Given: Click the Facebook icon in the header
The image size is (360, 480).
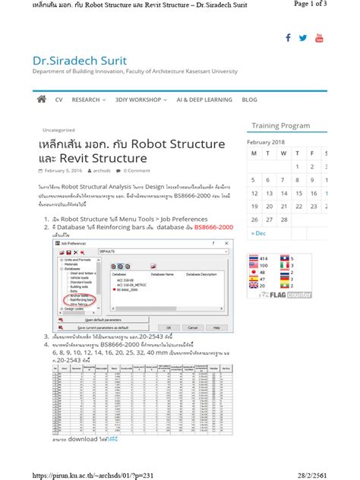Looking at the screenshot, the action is click(289, 38).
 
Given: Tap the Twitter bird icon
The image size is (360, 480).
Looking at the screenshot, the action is click(303, 38).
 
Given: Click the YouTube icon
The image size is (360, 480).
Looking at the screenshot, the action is click(319, 38).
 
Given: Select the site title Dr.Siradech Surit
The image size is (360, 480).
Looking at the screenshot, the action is click(80, 60).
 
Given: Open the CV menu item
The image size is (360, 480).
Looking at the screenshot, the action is click(59, 99).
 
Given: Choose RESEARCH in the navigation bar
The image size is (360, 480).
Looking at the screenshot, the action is click(88, 99).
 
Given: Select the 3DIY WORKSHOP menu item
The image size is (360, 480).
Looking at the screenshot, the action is click(143, 99).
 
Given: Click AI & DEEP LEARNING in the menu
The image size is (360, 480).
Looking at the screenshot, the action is click(205, 99).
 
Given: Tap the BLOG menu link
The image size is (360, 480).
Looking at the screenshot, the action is click(249, 99).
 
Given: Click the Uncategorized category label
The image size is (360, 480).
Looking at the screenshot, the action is click(58, 129).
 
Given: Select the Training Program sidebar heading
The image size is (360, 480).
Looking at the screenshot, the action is click(280, 125).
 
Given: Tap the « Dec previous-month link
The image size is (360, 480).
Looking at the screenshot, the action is click(259, 233).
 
